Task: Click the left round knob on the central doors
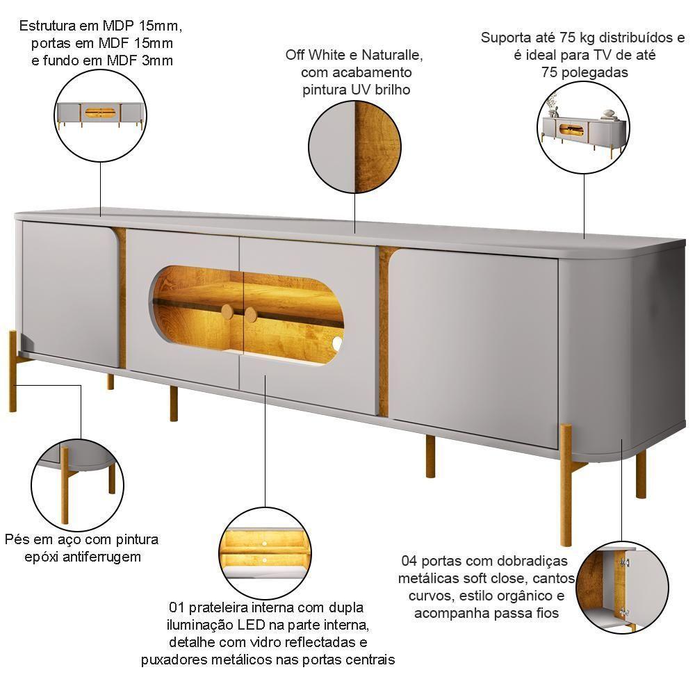tap(227, 311)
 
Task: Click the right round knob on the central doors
tap(250, 315)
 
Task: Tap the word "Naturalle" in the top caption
tap(391, 55)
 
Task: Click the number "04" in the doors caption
tap(409, 561)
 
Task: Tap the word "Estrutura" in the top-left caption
tap(48, 26)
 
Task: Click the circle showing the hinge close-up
tap(623, 587)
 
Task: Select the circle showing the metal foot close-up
tap(78, 485)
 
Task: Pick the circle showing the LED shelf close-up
tap(265, 554)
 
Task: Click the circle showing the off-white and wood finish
tap(354, 147)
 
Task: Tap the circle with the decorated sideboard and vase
tap(583, 127)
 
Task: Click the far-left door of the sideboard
tap(70, 293)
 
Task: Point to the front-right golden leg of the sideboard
tap(566, 485)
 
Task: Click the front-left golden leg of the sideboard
tap(13, 371)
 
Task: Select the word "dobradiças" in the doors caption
tap(528, 562)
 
